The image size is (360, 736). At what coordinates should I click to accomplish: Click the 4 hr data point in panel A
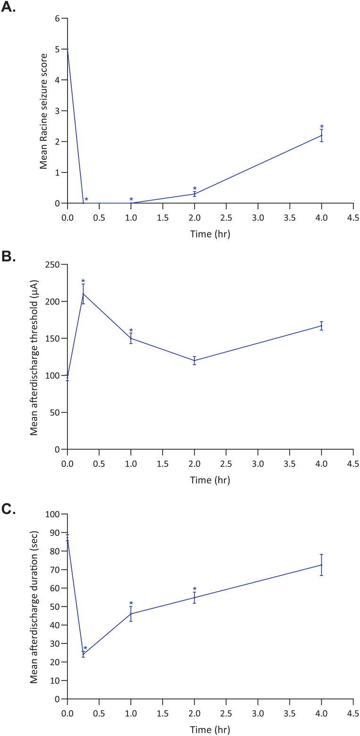pyautogui.click(x=322, y=136)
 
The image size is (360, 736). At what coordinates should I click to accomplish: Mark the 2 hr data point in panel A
pyautogui.click(x=195, y=194)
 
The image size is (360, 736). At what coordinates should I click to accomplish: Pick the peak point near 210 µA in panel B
pyautogui.click(x=84, y=294)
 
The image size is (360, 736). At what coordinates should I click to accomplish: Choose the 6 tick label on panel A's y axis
pyautogui.click(x=58, y=18)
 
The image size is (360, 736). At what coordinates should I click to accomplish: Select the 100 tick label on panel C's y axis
pyautogui.click(x=53, y=514)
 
